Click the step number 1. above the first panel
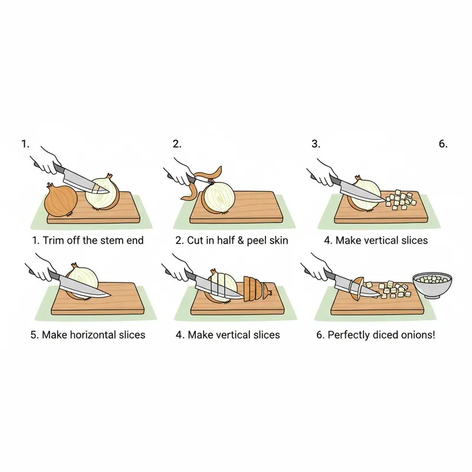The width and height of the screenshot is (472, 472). pos(25,143)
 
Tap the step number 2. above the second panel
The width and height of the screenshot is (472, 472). pos(177,143)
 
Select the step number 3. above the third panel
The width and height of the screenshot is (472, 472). pos(316,143)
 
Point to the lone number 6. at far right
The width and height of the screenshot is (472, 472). pos(443,143)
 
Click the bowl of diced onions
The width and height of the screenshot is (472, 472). pos(432,286)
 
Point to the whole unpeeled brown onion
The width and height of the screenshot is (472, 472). pos(61,200)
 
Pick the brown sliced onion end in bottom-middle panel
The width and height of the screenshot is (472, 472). pos(257,287)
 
